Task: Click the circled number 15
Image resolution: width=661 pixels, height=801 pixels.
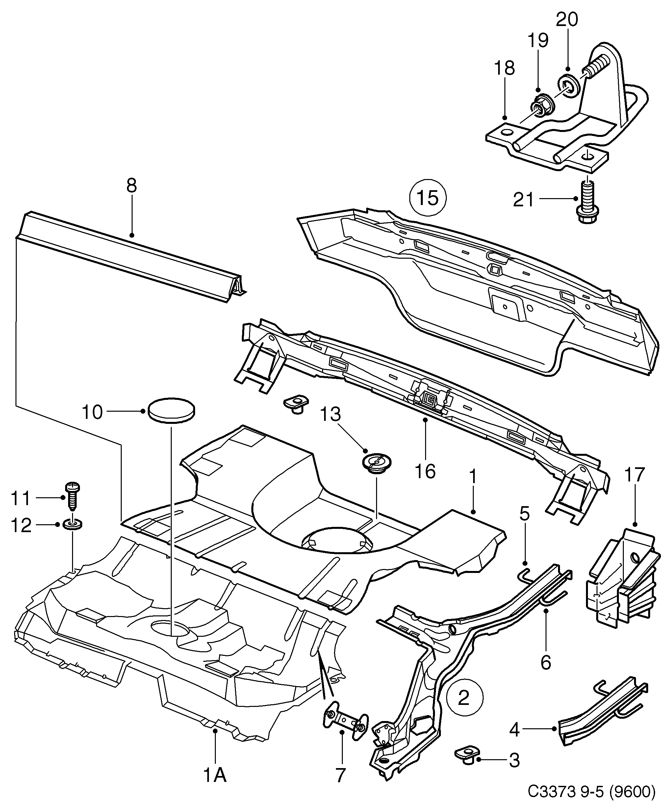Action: (x=428, y=198)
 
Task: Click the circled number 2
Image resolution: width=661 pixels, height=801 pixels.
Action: (x=464, y=697)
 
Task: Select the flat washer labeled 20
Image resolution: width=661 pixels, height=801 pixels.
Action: (x=569, y=85)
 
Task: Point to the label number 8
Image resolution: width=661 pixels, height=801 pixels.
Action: (x=131, y=186)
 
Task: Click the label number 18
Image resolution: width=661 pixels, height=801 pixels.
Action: (x=504, y=68)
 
